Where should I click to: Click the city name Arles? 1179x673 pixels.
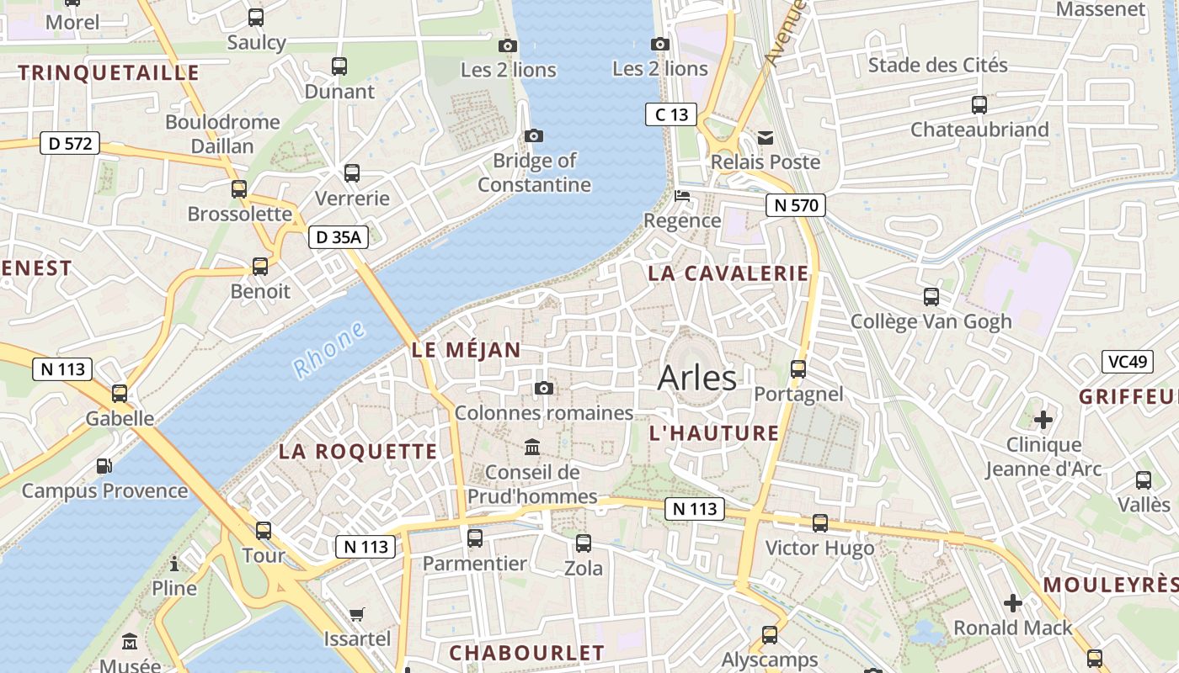click(x=696, y=379)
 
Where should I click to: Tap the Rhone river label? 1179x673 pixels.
click(x=329, y=349)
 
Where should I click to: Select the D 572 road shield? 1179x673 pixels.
click(x=70, y=144)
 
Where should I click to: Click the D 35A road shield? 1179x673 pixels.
click(x=338, y=237)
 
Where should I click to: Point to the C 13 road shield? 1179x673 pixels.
click(x=671, y=114)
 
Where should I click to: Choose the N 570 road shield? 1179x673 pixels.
click(x=796, y=204)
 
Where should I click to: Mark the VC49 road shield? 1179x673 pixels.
click(x=1128, y=362)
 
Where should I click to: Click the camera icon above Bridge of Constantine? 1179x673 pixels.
click(x=533, y=135)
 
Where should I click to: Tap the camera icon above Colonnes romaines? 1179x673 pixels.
click(x=544, y=388)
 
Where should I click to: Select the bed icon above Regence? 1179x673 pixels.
click(x=682, y=196)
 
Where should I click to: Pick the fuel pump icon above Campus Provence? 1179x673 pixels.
click(x=104, y=465)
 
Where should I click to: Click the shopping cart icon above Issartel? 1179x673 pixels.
click(x=357, y=614)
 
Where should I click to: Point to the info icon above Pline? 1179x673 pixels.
click(x=174, y=564)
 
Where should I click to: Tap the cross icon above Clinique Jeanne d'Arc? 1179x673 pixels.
click(x=1043, y=419)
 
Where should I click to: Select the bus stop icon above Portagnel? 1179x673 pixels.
click(x=798, y=368)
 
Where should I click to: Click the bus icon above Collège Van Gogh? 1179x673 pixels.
click(x=931, y=296)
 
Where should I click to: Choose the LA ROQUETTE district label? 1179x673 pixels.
click(x=358, y=452)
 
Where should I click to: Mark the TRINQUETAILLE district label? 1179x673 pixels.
click(x=109, y=73)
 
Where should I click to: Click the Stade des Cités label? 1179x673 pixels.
click(x=937, y=65)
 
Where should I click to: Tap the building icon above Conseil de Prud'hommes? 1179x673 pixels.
click(x=532, y=447)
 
